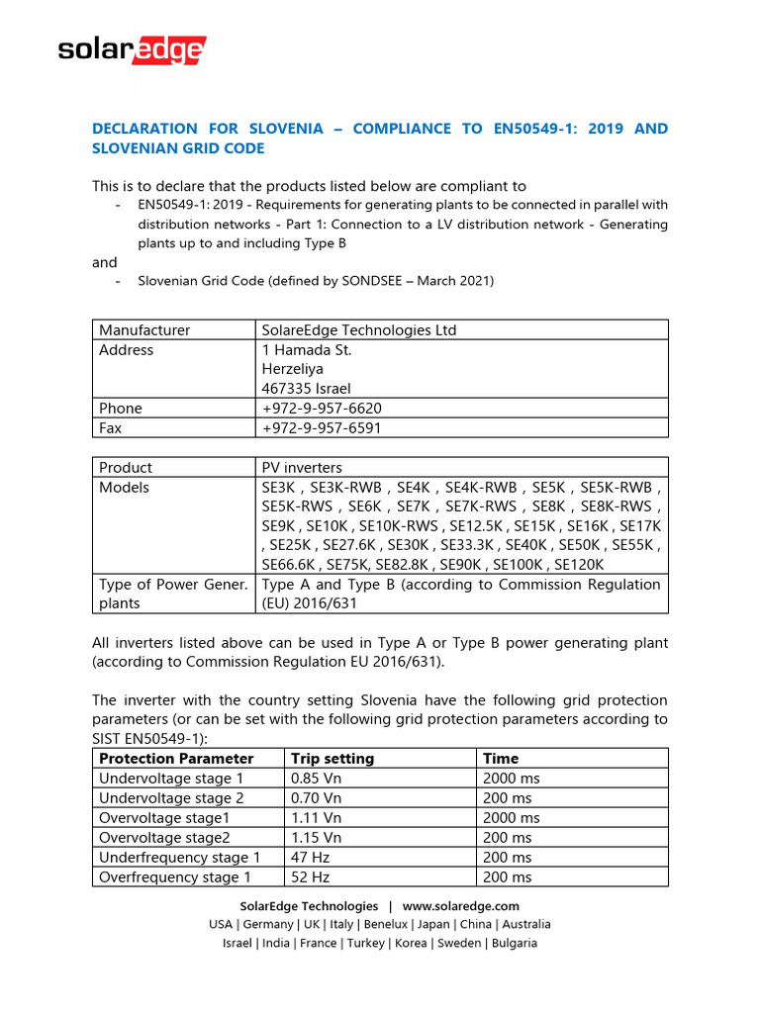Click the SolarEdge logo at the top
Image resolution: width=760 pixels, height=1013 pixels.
pyautogui.click(x=132, y=50)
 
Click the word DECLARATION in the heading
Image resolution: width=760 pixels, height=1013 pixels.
pyautogui.click(x=144, y=129)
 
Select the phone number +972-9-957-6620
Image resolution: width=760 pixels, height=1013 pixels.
pyautogui.click(x=322, y=408)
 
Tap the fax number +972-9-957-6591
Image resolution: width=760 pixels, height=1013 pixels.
pyautogui.click(x=322, y=427)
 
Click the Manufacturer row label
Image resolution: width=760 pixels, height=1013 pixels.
pyautogui.click(x=144, y=329)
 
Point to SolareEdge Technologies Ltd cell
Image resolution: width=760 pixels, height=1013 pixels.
pyautogui.click(x=359, y=329)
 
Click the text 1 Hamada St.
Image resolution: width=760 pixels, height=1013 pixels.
pyautogui.click(x=307, y=349)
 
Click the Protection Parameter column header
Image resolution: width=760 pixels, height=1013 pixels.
pyautogui.click(x=176, y=758)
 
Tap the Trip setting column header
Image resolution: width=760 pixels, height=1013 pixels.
pyautogui.click(x=332, y=758)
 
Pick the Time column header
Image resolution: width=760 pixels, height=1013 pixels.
pyautogui.click(x=501, y=758)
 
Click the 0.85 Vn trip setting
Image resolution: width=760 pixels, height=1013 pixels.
pyautogui.click(x=315, y=778)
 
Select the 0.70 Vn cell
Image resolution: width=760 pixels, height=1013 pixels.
pyautogui.click(x=315, y=797)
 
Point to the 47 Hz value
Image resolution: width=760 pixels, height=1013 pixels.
pyautogui.click(x=310, y=857)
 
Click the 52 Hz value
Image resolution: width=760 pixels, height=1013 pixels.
pyautogui.click(x=310, y=876)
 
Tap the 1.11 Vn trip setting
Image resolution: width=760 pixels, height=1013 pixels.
pyautogui.click(x=314, y=817)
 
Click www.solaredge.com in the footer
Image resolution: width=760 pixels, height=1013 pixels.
pyautogui.click(x=460, y=905)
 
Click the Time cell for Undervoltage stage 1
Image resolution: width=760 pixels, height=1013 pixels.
pyautogui.click(x=511, y=778)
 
